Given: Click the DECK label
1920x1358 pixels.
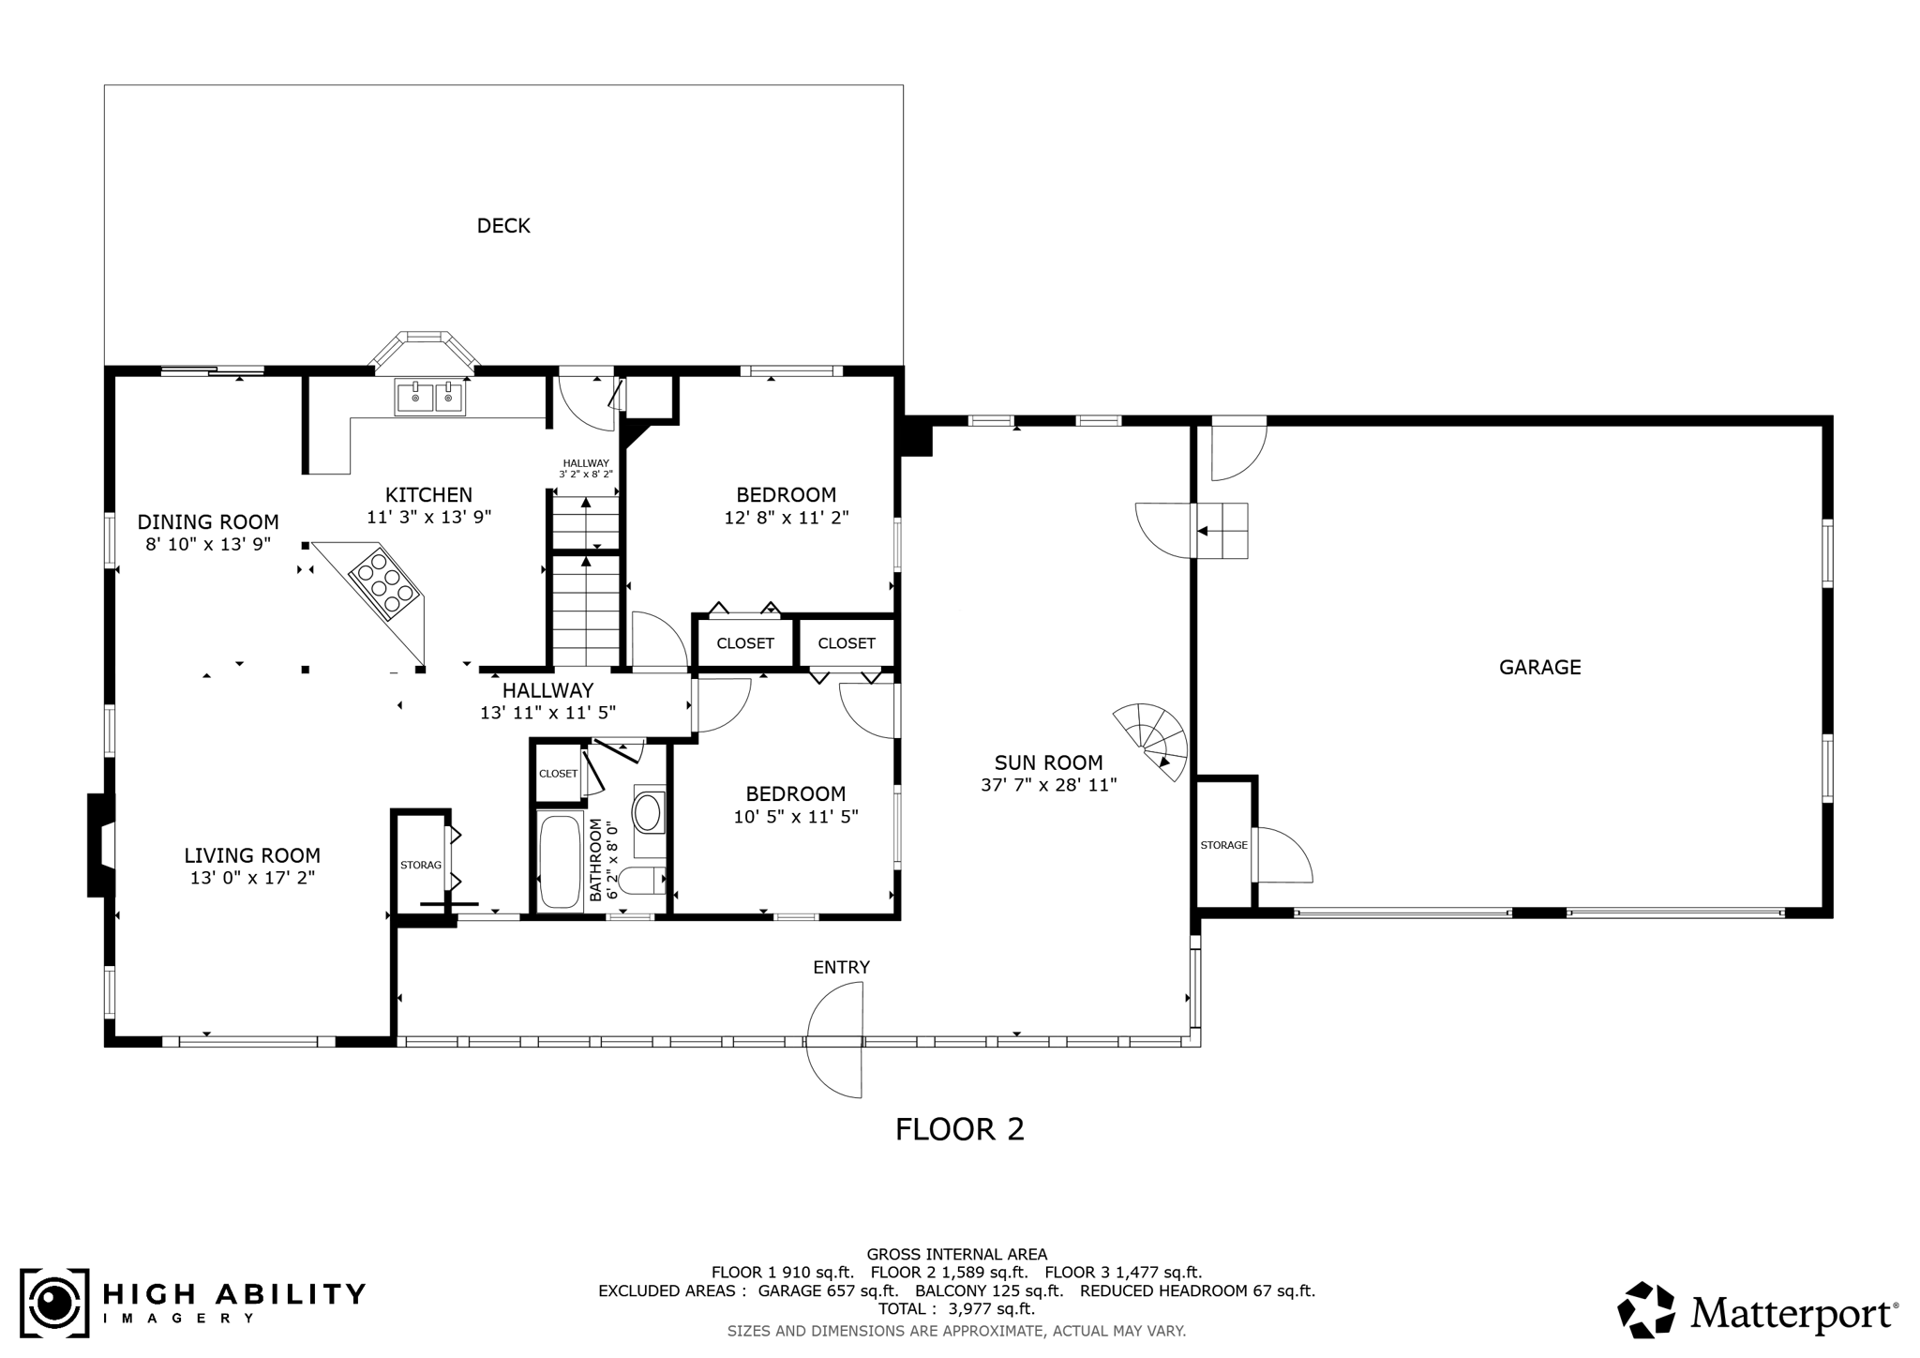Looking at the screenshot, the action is (x=503, y=226).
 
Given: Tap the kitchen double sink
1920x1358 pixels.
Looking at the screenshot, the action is (x=429, y=398).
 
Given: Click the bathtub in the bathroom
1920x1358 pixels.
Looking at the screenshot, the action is (x=561, y=862).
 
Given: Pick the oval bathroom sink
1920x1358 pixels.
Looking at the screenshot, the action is (x=647, y=812).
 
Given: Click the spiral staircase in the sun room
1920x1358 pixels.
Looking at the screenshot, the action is (x=1151, y=741).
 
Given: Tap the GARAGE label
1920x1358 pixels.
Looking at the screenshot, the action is (x=1539, y=668).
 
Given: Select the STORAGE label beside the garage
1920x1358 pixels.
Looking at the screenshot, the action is (x=1223, y=845).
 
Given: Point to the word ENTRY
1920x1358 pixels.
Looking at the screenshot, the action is (x=841, y=967).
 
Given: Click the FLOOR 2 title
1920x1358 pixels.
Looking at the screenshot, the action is (x=960, y=1129).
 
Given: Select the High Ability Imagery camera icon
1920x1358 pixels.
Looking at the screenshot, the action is (x=55, y=1304).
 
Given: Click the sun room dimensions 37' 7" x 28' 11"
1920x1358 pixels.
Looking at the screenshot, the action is (x=1049, y=785).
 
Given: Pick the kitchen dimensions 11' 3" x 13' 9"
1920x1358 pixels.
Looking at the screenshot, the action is (x=429, y=517).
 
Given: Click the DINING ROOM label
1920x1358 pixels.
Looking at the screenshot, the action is (x=208, y=522).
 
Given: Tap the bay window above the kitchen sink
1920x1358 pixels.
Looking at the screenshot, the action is (x=425, y=349).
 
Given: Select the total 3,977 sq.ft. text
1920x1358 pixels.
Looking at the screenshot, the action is (x=956, y=1309).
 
